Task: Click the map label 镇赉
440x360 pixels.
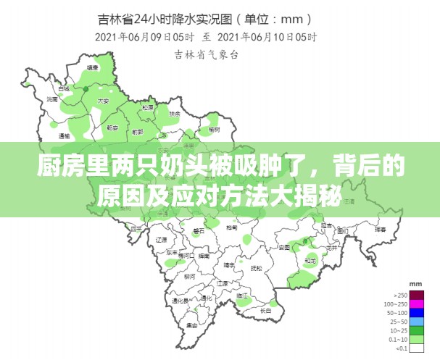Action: tap(92, 67)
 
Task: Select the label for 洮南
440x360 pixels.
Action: tap(52, 99)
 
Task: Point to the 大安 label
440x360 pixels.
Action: tap(103, 101)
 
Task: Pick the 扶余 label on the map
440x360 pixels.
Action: tap(174, 113)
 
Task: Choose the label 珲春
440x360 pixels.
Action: tap(379, 228)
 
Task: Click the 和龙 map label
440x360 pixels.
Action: tap(310, 260)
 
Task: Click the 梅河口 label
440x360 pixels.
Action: tap(184, 256)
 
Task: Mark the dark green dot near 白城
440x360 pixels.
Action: tap(86, 89)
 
